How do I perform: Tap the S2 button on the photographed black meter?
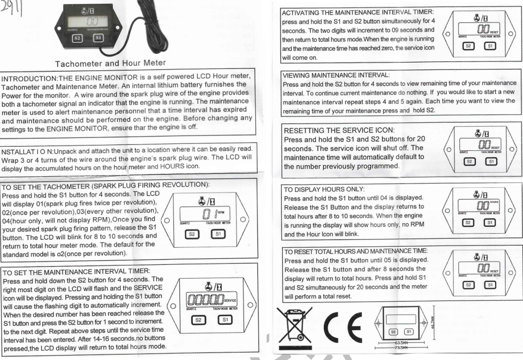77,38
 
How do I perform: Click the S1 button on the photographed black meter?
98,38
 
